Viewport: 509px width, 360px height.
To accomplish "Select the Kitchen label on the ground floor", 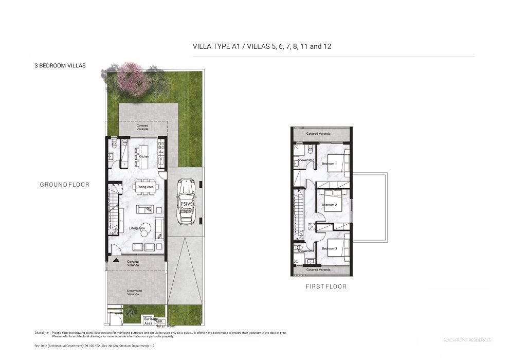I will click(x=144, y=156).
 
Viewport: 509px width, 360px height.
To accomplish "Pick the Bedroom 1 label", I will click(x=329, y=164).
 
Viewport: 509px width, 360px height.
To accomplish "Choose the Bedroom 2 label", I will click(x=329, y=205).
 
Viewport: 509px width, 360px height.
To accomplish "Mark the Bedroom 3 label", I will click(x=329, y=248).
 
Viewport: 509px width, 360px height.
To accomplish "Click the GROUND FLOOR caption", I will click(x=65, y=185).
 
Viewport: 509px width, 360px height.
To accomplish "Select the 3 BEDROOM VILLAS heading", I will click(x=60, y=66).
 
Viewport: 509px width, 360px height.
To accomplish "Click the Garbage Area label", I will click(x=136, y=320).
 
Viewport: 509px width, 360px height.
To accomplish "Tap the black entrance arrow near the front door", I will click(x=116, y=261).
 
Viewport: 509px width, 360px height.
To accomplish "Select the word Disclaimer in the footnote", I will click(x=43, y=333).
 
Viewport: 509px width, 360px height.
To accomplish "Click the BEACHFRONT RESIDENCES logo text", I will click(x=466, y=340).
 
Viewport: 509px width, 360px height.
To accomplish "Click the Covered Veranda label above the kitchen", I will click(x=142, y=127).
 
